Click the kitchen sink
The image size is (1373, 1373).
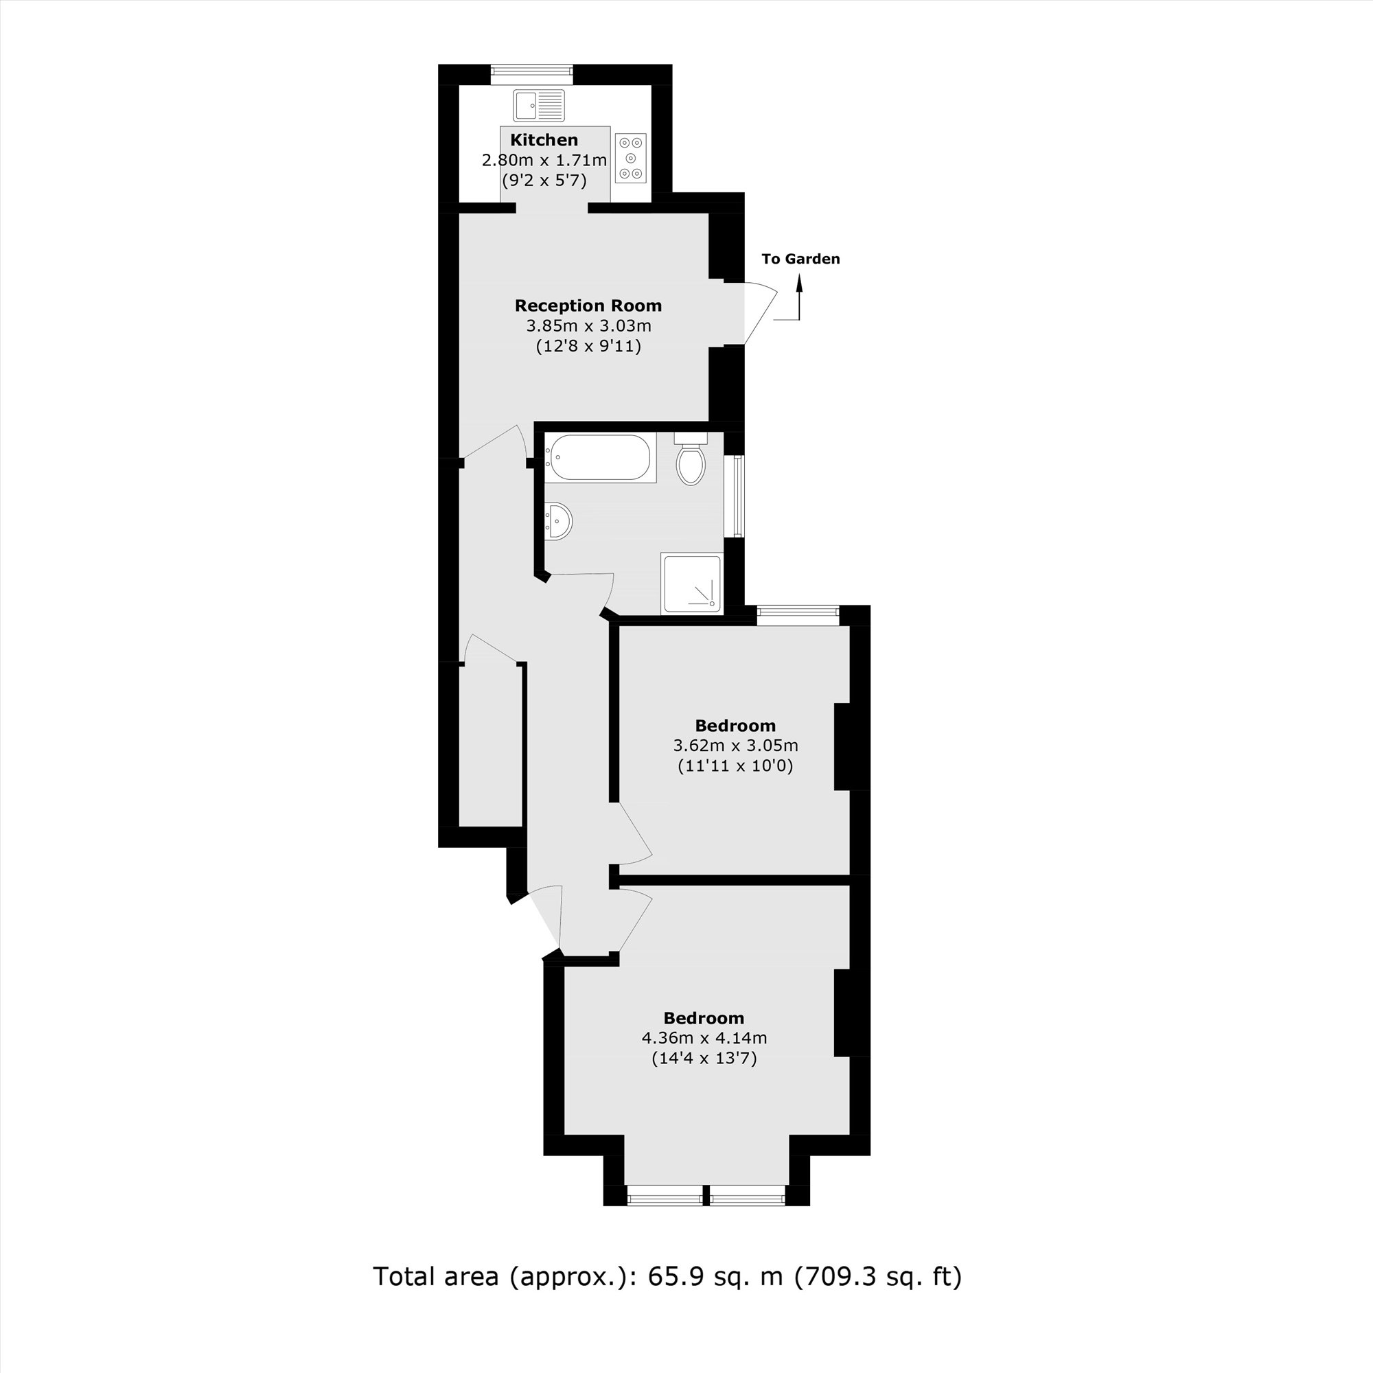click(x=538, y=106)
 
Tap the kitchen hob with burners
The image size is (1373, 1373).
click(x=630, y=158)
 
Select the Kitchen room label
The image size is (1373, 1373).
click(x=544, y=140)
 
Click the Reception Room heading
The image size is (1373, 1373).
click(x=588, y=305)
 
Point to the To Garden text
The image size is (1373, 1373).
click(x=800, y=259)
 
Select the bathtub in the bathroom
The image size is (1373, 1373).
click(x=601, y=458)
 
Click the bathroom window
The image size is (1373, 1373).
click(x=739, y=496)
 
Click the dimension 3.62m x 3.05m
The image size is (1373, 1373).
click(x=735, y=746)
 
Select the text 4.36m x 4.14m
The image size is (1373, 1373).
click(x=704, y=1037)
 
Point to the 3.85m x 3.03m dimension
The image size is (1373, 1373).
click(x=588, y=326)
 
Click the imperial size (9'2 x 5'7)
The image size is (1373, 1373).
click(x=544, y=181)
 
